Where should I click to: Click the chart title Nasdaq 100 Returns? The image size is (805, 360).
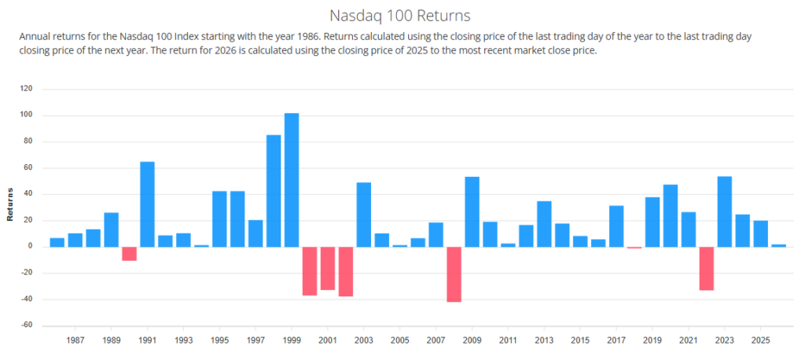click(x=402, y=16)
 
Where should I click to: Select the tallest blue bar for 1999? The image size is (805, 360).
click(x=292, y=180)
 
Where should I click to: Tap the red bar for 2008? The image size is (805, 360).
click(x=454, y=274)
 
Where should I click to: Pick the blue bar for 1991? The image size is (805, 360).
click(x=147, y=204)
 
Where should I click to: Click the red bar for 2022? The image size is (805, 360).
click(x=706, y=269)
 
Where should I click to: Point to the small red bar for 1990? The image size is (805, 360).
click(x=129, y=254)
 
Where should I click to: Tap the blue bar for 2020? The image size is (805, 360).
click(x=670, y=215)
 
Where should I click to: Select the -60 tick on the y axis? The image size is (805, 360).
click(x=26, y=325)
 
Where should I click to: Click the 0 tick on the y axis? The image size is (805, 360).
click(x=30, y=247)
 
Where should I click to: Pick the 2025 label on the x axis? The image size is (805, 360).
click(x=760, y=340)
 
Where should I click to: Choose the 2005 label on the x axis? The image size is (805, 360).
click(x=399, y=340)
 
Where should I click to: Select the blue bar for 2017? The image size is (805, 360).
click(x=616, y=226)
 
